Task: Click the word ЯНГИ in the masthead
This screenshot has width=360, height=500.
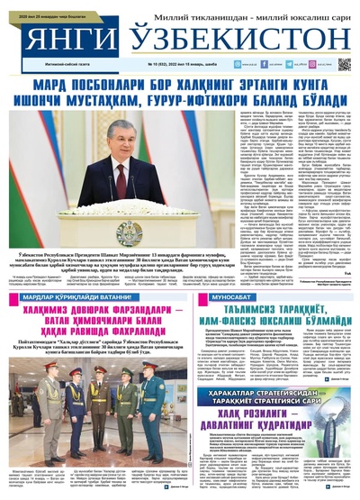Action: [x=56, y=40]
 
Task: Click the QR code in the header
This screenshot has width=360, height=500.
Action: [x=344, y=64]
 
